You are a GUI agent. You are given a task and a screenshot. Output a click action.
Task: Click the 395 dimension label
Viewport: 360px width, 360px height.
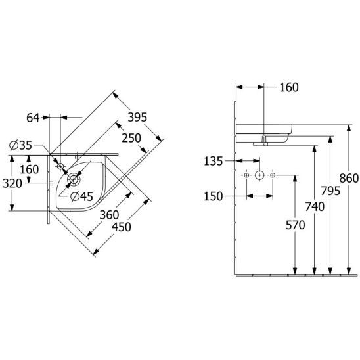tap(137, 117)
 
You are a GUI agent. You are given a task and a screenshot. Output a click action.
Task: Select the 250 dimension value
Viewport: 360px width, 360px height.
tap(131, 138)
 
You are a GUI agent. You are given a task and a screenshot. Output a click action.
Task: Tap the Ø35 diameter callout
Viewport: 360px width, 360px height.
tap(20, 145)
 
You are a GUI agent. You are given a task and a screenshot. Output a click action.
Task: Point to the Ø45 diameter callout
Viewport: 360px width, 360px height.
tap(81, 196)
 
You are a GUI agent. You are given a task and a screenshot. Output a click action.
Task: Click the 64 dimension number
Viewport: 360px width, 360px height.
tap(33, 118)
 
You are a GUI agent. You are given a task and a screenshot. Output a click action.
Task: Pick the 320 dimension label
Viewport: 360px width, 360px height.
tap(12, 183)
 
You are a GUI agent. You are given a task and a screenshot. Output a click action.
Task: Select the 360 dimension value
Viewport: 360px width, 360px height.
tap(109, 215)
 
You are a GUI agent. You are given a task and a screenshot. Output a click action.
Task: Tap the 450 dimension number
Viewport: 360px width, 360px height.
tap(122, 227)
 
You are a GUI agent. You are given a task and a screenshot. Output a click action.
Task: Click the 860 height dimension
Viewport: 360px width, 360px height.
tap(349, 179)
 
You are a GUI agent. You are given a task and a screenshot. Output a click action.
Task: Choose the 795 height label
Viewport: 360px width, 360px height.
tap(330, 191)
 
